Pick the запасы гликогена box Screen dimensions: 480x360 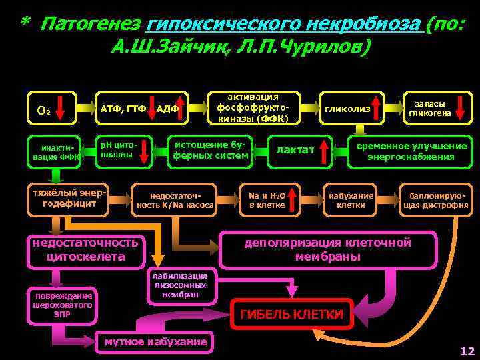[x=434, y=108]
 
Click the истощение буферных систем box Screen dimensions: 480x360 [x=211, y=151]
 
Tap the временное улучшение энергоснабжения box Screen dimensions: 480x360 [x=411, y=151]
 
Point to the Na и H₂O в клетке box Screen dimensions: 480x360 [x=267, y=200]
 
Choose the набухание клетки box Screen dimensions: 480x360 [x=351, y=200]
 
